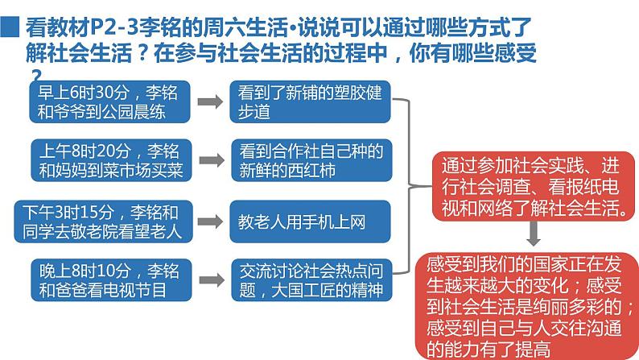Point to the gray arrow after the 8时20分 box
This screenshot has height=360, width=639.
pyautogui.click(x=211, y=159)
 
